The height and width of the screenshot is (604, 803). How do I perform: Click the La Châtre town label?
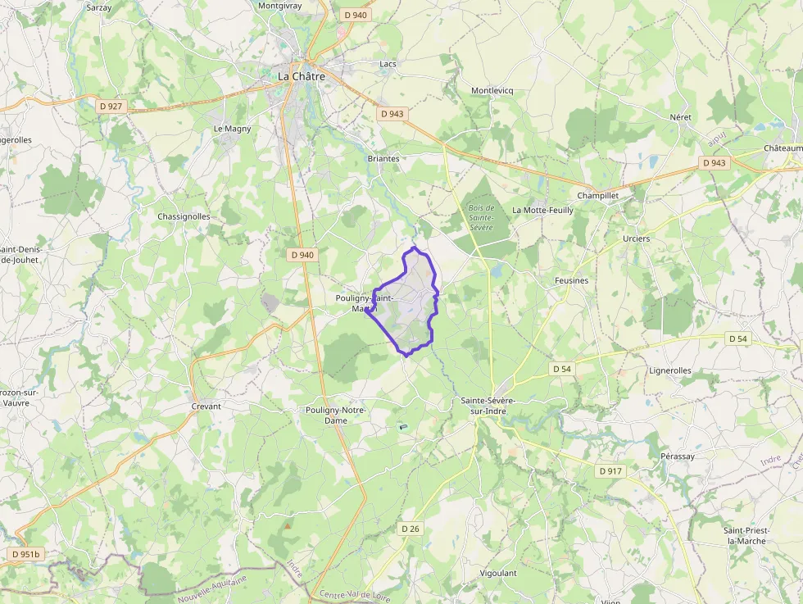click(x=302, y=76)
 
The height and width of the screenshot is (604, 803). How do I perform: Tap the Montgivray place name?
click(x=281, y=6)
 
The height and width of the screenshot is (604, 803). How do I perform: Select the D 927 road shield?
click(x=111, y=106)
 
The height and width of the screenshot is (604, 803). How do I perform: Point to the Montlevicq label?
click(x=492, y=90)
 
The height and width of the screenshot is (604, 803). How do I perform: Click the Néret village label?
click(x=680, y=117)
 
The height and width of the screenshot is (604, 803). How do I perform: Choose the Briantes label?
click(x=383, y=158)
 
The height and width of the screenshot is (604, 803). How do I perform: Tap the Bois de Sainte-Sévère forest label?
click(x=480, y=217)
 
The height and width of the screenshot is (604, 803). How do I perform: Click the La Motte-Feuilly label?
click(x=542, y=210)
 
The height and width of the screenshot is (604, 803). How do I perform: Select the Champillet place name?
click(x=598, y=196)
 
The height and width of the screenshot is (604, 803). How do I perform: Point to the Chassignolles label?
click(x=184, y=216)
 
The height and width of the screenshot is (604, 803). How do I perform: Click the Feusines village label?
click(x=571, y=280)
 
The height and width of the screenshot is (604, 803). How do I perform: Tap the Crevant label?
click(x=206, y=406)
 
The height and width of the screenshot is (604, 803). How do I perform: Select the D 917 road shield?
click(x=610, y=471)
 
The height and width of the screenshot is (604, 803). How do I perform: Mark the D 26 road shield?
click(x=411, y=529)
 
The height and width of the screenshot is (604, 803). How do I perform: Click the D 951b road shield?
click(x=25, y=554)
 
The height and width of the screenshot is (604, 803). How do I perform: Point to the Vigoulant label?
click(x=497, y=573)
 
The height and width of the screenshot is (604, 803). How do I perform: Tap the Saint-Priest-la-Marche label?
click(x=746, y=535)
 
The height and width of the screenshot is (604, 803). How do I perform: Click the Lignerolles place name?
click(x=670, y=370)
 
